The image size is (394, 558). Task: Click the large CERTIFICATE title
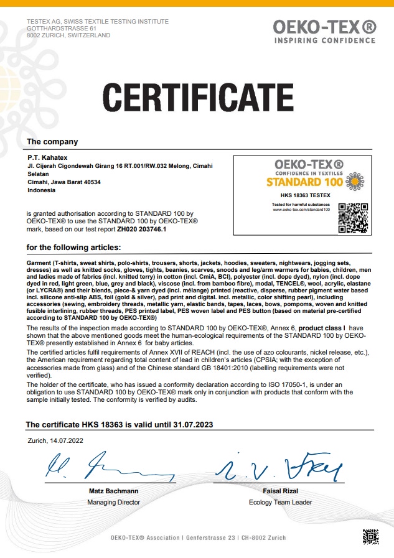pyautogui.click(x=197, y=98)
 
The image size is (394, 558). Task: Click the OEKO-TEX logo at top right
pyautogui.click(x=324, y=29)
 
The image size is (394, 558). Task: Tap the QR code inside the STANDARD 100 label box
pyautogui.click(x=350, y=218)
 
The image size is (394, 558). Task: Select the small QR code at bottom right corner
pyautogui.click(x=370, y=536)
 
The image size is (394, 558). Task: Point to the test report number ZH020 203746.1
pyautogui.click(x=149, y=230)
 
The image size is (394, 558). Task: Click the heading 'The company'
pyautogui.click(x=53, y=142)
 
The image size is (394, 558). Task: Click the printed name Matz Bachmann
pyautogui.click(x=113, y=491)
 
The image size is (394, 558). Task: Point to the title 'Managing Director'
pyautogui.click(x=113, y=501)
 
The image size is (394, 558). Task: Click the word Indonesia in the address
pyautogui.click(x=42, y=190)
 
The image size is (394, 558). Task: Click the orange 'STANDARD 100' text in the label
pyautogui.click(x=304, y=182)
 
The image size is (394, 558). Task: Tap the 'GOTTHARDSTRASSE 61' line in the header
pyautogui.click(x=61, y=29)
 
